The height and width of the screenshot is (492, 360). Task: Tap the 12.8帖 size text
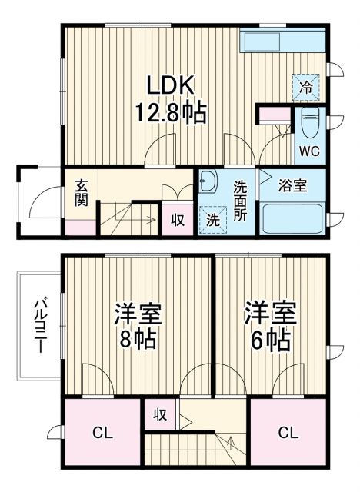click(171, 115)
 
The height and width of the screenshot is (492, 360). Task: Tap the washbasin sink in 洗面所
click(208, 183)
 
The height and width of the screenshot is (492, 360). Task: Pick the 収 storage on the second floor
click(160, 415)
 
